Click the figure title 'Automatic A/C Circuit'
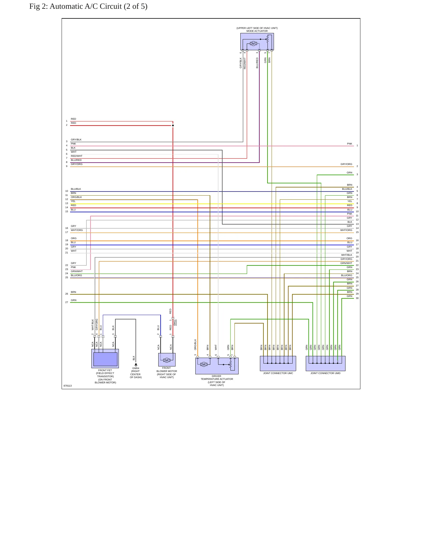click(x=86, y=6)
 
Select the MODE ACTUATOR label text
click(x=257, y=31)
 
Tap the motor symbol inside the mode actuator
click(x=253, y=44)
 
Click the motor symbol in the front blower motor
click(x=167, y=360)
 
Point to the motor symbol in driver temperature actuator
click(x=204, y=364)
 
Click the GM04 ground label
click(x=136, y=368)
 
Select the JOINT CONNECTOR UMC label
click(x=278, y=373)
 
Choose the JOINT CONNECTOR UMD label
click(x=325, y=373)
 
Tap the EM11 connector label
click(x=175, y=322)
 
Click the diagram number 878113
click(x=67, y=386)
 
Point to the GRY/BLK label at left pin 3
click(x=76, y=140)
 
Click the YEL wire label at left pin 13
click(x=73, y=201)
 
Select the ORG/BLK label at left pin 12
click(x=76, y=197)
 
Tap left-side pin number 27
click(x=67, y=302)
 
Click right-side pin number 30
click(x=357, y=298)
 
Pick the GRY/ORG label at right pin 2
click(x=346, y=164)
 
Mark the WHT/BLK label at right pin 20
click(x=347, y=255)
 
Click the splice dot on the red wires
click(x=173, y=126)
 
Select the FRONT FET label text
click(x=105, y=370)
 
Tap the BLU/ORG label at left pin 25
click(x=76, y=275)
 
